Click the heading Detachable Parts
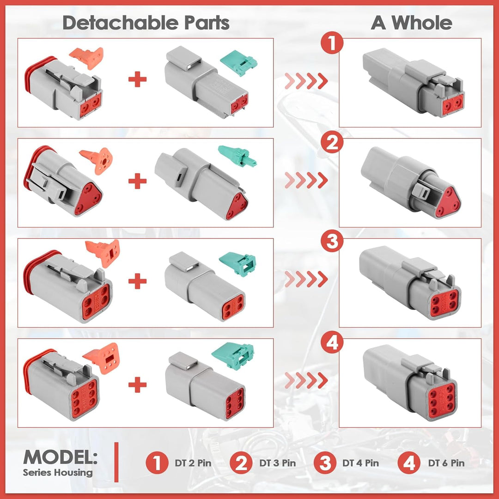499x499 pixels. tap(146, 23)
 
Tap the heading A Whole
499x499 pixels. tap(411, 23)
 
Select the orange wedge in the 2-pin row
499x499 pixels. tap(87, 58)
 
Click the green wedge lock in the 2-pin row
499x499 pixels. tap(238, 63)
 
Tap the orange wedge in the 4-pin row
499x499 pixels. tap(103, 253)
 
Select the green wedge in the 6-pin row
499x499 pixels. tap(233, 355)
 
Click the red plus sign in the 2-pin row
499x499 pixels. tap(138, 79)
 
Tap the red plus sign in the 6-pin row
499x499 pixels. tap(138, 385)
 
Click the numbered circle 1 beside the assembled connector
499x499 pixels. tap(332, 43)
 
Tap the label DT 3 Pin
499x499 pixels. tap(278, 463)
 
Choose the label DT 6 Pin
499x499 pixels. tap(446, 463)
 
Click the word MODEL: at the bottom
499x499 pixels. tap(61, 457)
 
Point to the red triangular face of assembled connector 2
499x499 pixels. tap(448, 202)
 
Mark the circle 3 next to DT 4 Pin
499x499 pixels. tap(325, 463)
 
